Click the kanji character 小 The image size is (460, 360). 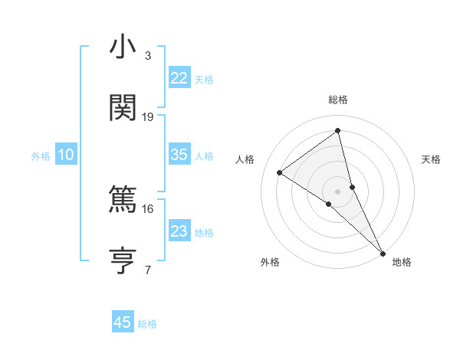coord(123,47)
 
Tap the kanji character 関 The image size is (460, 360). coord(123,108)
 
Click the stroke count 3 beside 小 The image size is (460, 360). coord(148,56)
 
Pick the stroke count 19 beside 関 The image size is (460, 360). coord(148,117)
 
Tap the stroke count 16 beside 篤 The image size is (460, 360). coord(148,208)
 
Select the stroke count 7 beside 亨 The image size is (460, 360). coord(148,270)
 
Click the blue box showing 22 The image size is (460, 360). coord(179,77)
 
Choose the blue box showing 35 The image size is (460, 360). coord(179,155)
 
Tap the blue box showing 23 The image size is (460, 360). coord(179,231)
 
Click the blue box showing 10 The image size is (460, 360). coord(66,155)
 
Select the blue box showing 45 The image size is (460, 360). coord(123,322)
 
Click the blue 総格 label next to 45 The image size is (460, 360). coord(148,324)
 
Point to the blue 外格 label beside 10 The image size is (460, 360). coord(41,156)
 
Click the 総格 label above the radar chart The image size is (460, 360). coord(338,100)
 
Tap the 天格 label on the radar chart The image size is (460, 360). coord(432,159)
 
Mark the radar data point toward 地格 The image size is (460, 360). coord(383,251)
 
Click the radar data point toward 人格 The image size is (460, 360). coord(280,172)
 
